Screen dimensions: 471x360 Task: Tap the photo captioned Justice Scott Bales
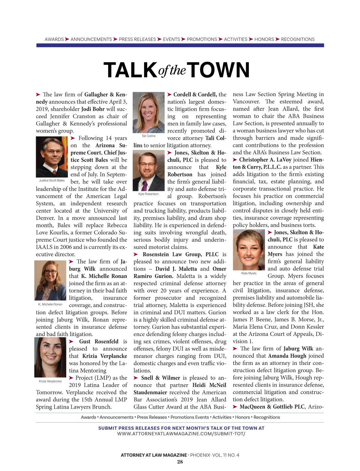52,157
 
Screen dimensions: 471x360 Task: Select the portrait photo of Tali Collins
148,112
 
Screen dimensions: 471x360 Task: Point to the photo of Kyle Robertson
148,171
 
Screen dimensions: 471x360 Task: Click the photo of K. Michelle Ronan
50,280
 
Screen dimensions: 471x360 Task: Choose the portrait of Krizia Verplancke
50,357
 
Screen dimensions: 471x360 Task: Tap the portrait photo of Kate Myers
249,250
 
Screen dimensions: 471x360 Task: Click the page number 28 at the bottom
180,462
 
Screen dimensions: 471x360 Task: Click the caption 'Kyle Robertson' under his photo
148,194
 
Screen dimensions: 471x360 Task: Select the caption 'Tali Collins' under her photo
148,136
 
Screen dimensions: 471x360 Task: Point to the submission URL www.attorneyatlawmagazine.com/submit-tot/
181,434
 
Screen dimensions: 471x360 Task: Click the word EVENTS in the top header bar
171,39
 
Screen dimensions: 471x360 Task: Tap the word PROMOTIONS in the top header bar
202,39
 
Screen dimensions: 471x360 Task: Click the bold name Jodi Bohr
93,109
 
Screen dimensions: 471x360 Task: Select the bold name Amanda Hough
287,356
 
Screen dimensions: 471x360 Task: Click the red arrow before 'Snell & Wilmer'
136,378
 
